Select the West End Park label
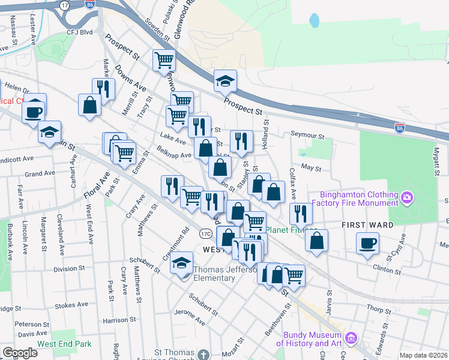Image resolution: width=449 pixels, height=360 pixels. coord(64,344)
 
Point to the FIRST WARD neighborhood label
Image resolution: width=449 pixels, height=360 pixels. coord(367,225)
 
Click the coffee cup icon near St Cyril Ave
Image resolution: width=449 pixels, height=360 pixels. coord(367,243)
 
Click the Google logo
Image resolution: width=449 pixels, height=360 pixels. coord(20,353)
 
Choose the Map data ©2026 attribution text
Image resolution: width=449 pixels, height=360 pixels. coord(423,355)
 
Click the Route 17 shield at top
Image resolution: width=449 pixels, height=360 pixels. coord(64,4)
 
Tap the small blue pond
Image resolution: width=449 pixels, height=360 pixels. coord(314,20)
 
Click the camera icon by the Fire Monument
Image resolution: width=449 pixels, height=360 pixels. coord(408,197)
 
